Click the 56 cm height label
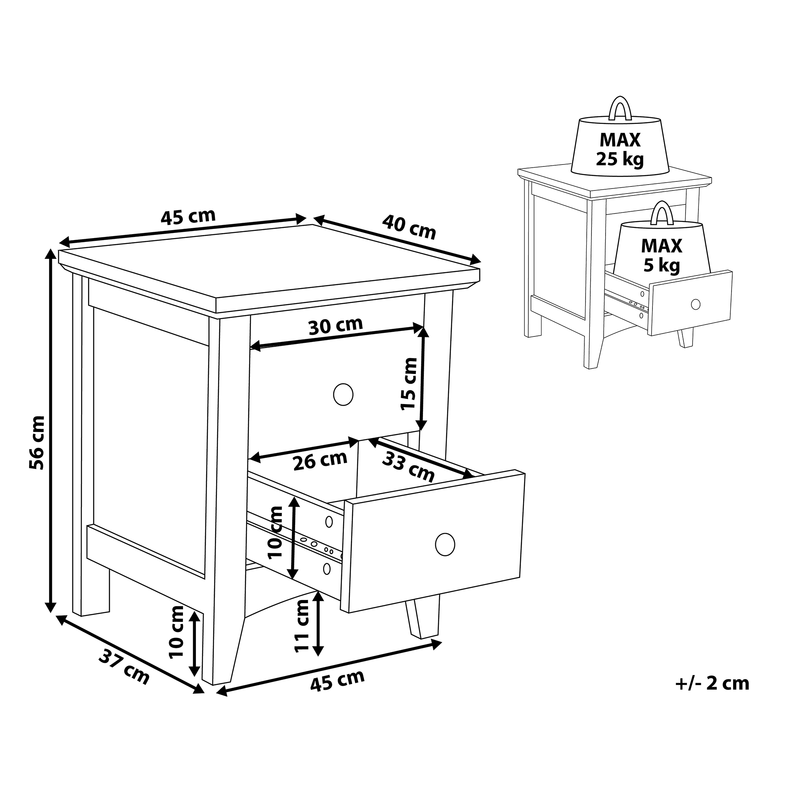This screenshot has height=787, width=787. coord(37,442)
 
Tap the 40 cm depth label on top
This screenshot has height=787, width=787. coord(409,227)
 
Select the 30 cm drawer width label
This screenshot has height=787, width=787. coord(335,325)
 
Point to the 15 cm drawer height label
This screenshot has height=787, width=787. coord(409,384)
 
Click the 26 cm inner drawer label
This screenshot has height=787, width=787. coord(320,460)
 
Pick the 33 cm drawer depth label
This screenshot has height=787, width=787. coord(408,467)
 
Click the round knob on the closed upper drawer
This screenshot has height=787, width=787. coord(343,394)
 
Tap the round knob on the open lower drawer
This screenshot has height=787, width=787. coord(445,544)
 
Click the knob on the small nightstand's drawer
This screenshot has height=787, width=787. coord(696,304)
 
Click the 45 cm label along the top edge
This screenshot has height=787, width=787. coord(188,218)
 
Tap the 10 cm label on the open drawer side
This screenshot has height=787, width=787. coord(275,532)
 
